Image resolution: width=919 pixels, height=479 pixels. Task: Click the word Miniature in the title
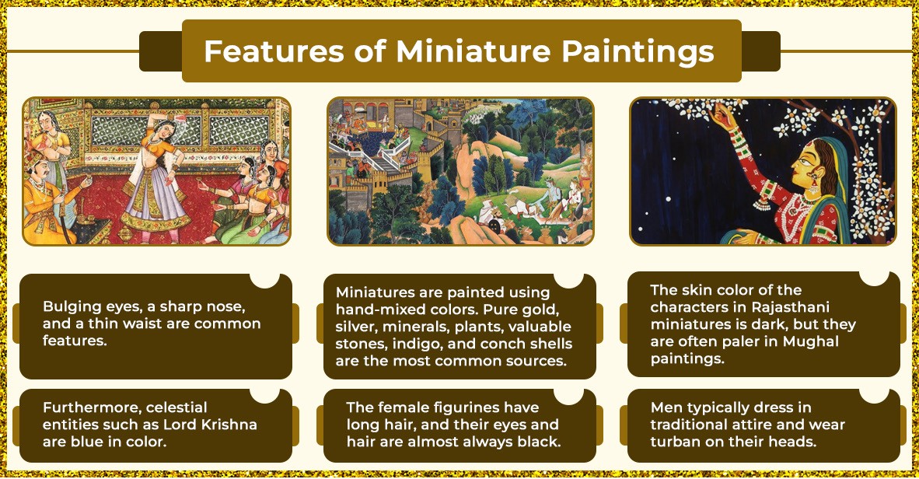(473, 51)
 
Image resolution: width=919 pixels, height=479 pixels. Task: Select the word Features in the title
(274, 51)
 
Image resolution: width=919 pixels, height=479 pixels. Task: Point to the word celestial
(176, 407)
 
